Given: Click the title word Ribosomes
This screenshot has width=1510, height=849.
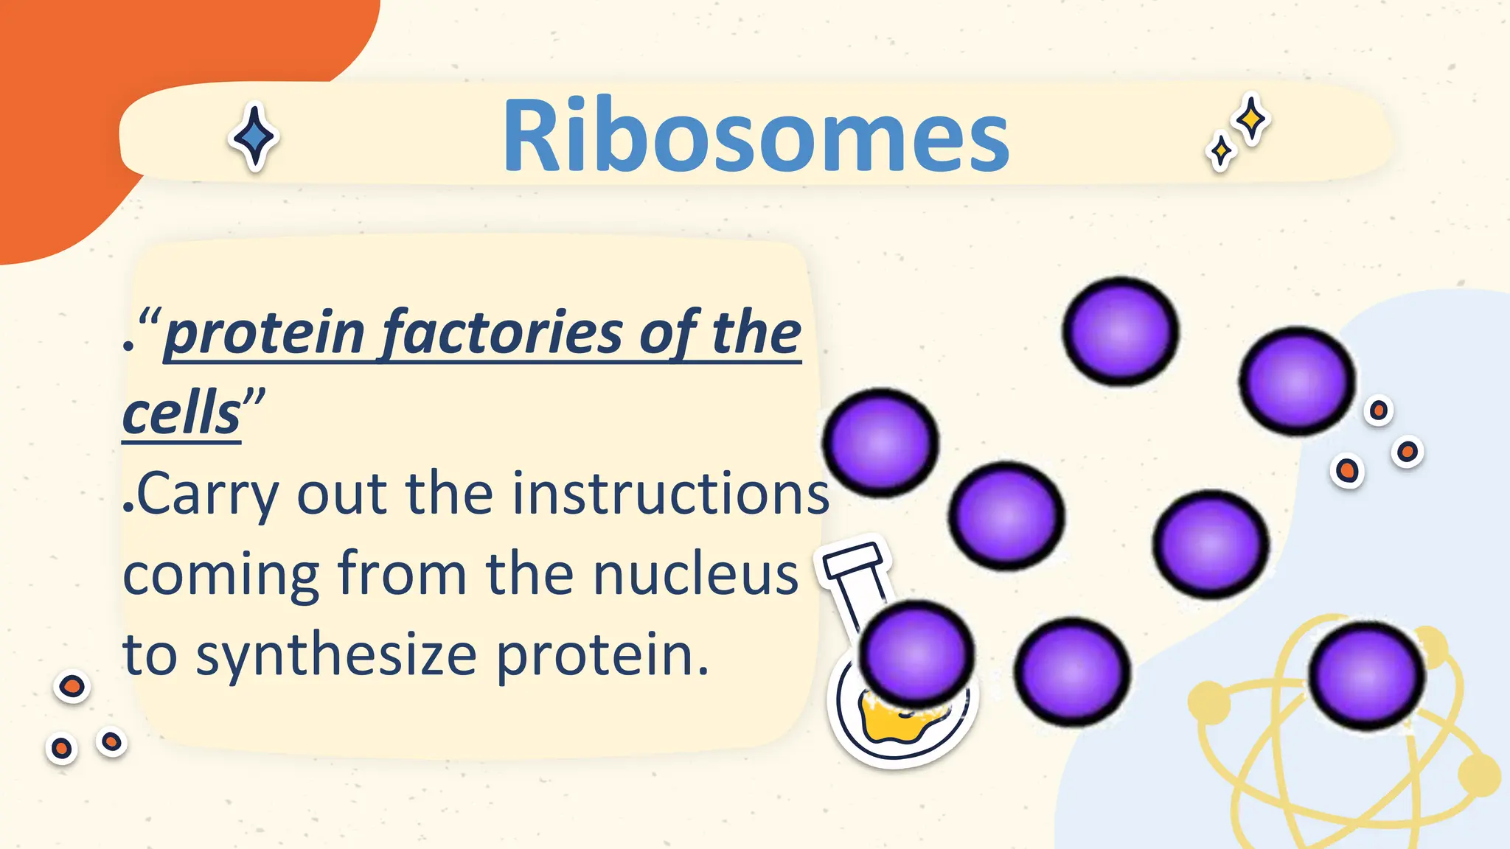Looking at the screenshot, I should (755, 136).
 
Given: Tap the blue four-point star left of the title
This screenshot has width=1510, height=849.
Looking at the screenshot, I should (254, 137).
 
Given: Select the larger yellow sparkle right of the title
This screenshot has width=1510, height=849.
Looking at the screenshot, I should (1251, 119).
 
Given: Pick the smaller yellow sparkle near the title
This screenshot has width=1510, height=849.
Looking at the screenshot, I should (1221, 152).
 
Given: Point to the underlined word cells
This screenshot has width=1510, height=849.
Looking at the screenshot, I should (181, 414).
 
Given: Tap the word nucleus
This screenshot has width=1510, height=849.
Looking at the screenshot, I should (696, 575).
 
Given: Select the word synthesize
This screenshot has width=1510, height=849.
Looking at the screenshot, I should (336, 656).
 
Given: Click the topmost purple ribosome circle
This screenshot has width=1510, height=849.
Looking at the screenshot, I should (1120, 331).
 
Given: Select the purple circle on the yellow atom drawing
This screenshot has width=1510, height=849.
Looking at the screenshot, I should (1367, 675).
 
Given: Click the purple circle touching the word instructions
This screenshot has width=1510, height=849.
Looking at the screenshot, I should (880, 442).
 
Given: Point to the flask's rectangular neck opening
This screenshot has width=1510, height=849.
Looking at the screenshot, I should (854, 561).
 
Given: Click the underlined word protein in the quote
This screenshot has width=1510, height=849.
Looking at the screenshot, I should (264, 333).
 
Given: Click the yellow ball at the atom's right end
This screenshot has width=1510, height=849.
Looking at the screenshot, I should (1479, 774).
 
